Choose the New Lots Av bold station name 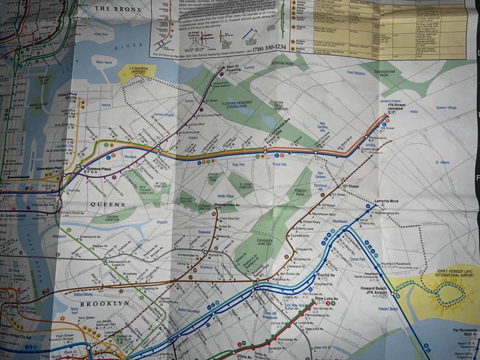coord(326,299)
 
